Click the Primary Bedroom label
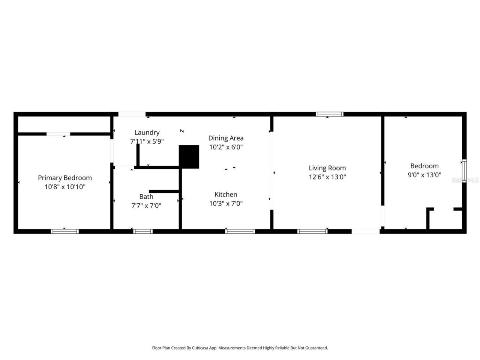click(x=65, y=178)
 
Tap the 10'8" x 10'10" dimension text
click(x=65, y=187)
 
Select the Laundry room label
click(x=147, y=132)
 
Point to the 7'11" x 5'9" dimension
click(x=147, y=141)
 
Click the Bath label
click(x=146, y=196)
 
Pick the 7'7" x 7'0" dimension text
click(x=146, y=205)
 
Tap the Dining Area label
click(x=226, y=138)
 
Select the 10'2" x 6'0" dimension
click(x=226, y=147)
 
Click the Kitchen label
click(x=226, y=194)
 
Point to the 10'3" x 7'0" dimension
click(x=226, y=204)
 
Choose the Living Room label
click(x=327, y=168)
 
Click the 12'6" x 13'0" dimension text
click(x=327, y=177)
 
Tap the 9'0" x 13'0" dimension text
click(x=424, y=175)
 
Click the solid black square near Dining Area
click(x=189, y=157)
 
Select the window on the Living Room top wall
click(x=330, y=114)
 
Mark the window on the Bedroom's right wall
click(x=464, y=171)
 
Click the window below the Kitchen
click(x=240, y=231)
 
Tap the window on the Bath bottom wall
click(x=143, y=231)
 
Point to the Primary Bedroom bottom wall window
click(x=65, y=231)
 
